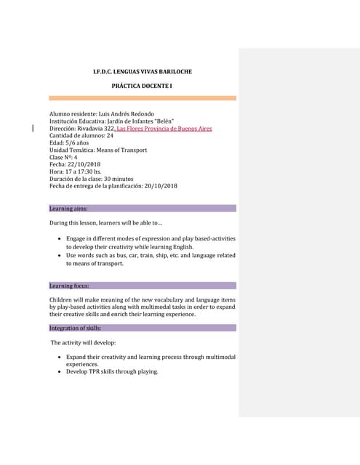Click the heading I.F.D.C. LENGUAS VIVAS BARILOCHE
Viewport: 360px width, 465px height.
tap(143, 72)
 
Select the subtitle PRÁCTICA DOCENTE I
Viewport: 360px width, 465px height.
tap(142, 86)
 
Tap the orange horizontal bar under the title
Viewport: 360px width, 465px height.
tap(143, 97)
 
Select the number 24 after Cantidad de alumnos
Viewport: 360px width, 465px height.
tap(110, 136)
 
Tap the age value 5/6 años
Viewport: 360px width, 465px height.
tap(75, 143)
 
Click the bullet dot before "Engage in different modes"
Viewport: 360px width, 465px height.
tap(59, 238)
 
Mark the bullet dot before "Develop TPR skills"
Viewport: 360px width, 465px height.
tap(59, 372)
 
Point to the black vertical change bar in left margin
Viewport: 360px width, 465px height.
tap(33, 129)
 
